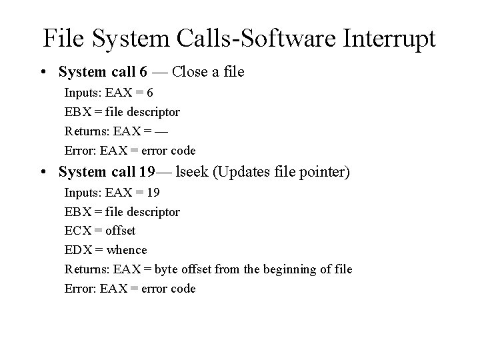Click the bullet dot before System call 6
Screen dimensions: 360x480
(43, 71)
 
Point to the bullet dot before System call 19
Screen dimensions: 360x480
(43, 172)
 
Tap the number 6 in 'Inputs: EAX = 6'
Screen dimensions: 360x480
(150, 93)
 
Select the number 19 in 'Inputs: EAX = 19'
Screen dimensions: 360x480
(153, 193)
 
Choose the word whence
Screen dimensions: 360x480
(127, 250)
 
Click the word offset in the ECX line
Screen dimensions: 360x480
(121, 231)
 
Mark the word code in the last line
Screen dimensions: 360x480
(183, 289)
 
